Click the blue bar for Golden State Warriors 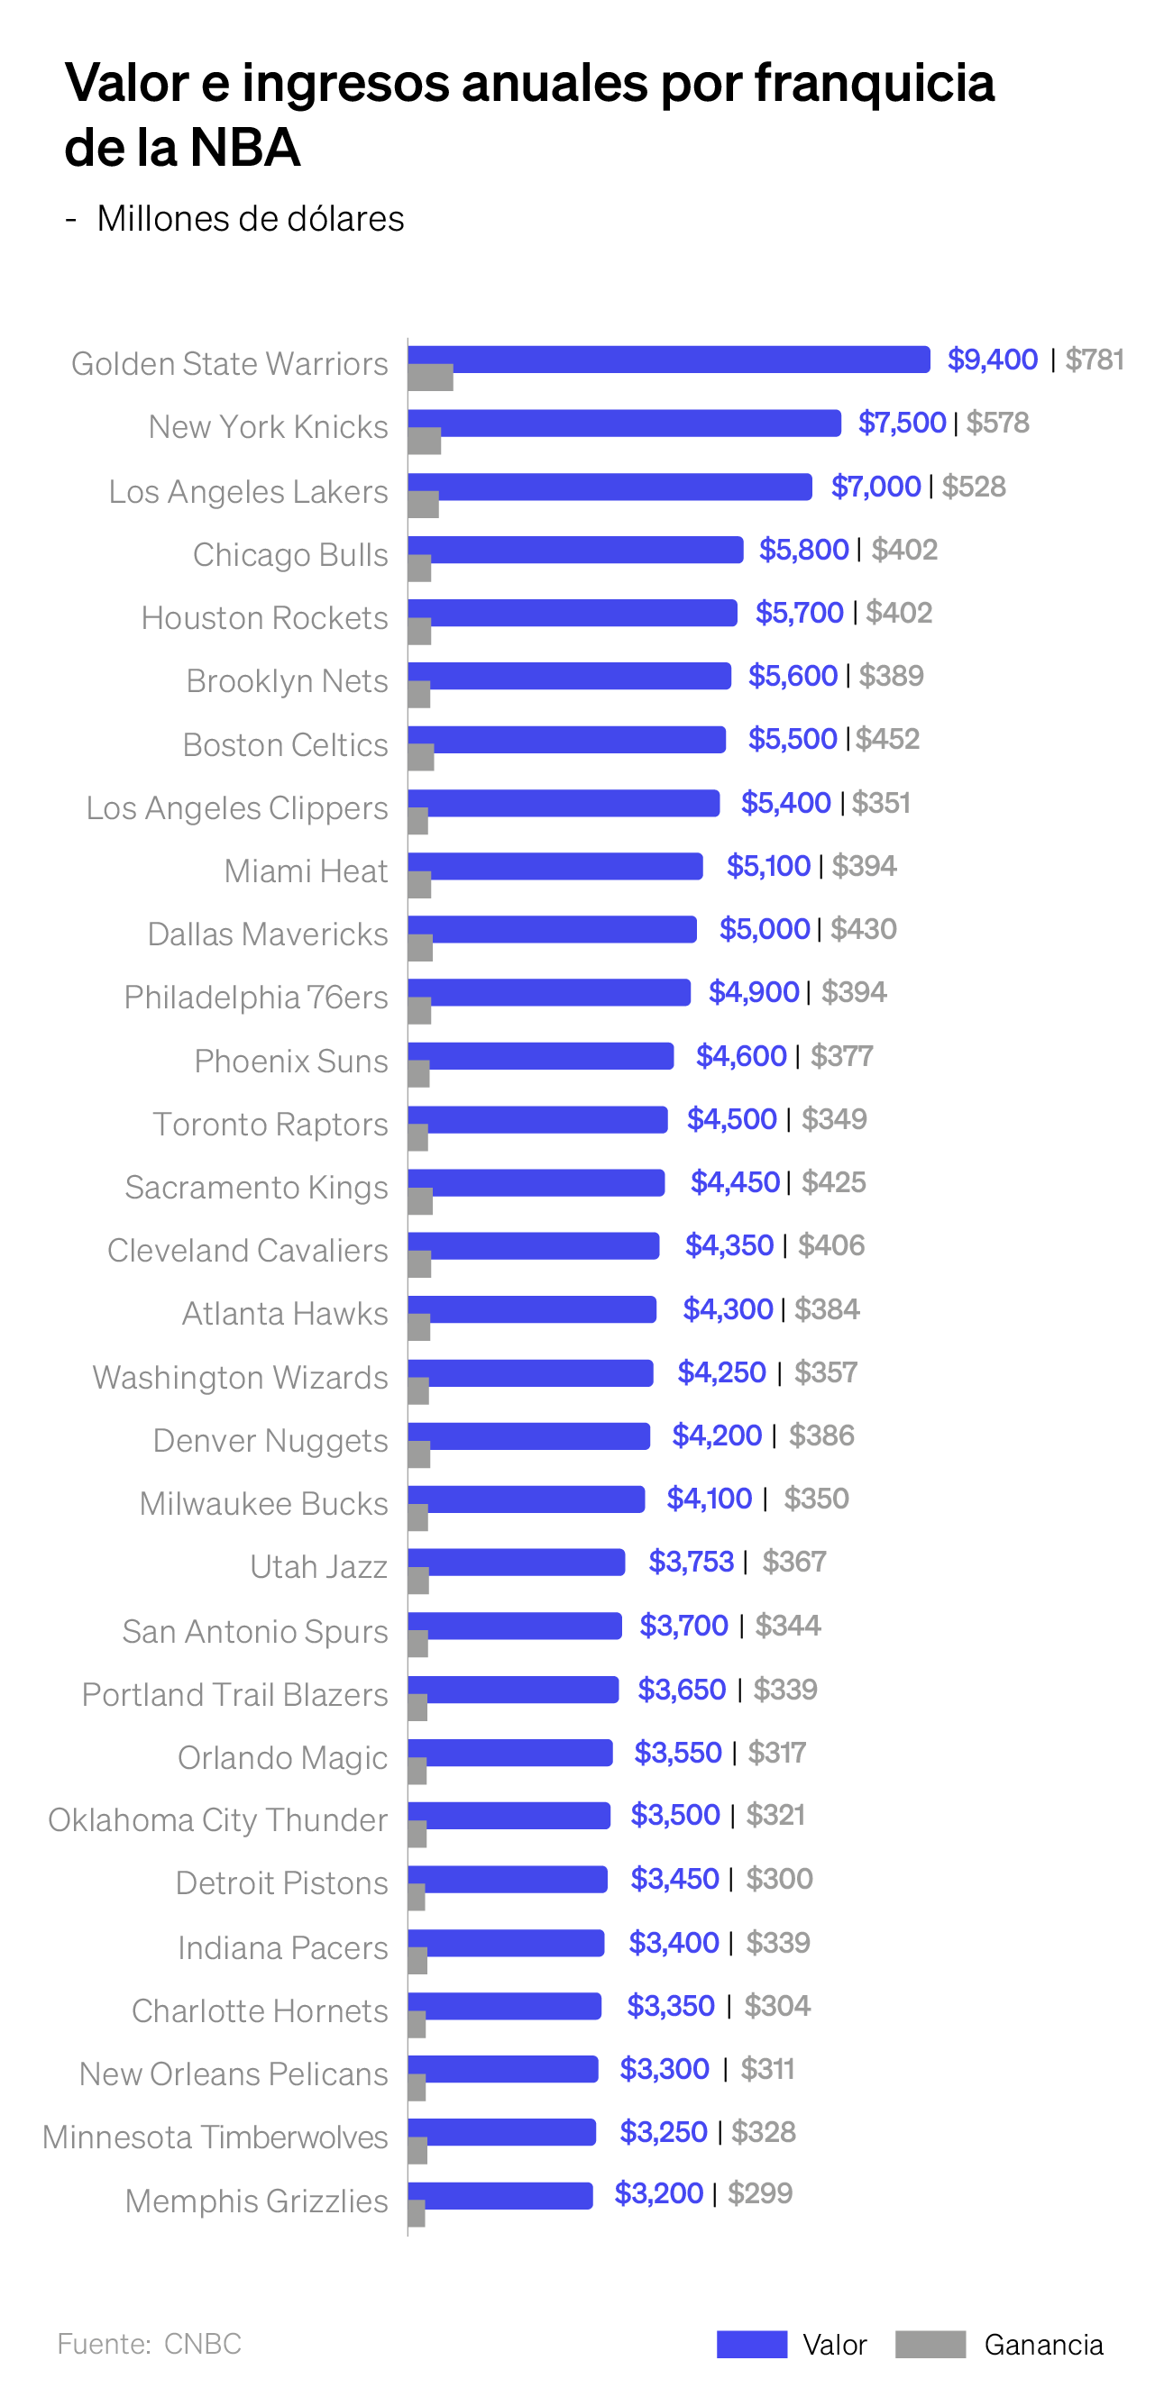tap(668, 359)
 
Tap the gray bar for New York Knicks tap(425, 441)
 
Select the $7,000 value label tap(875, 486)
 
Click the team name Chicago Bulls tap(289, 554)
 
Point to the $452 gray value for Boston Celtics tap(887, 739)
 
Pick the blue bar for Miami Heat tap(555, 865)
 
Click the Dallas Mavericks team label tap(267, 934)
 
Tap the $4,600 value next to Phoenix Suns tap(741, 1055)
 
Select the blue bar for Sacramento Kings tap(536, 1181)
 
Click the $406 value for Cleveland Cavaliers tap(831, 1245)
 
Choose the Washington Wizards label tap(240, 1377)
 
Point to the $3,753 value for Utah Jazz tap(691, 1562)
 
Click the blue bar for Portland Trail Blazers tap(513, 1689)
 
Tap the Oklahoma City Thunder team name tap(218, 1820)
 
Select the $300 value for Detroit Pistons tap(779, 1879)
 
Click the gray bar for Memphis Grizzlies tap(417, 2214)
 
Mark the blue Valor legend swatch tap(751, 2344)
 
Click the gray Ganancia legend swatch tap(930, 2344)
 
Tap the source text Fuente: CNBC tap(149, 2344)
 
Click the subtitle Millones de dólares tap(250, 219)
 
